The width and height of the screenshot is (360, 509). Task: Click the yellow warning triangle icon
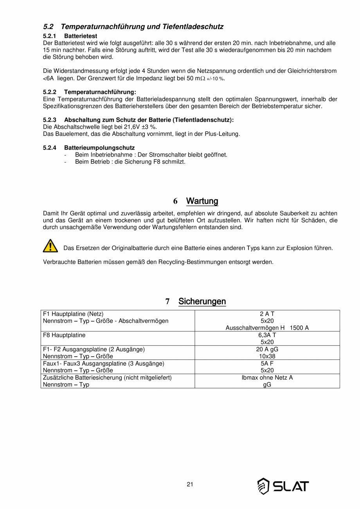(50, 245)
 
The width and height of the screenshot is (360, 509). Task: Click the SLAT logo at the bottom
(283, 486)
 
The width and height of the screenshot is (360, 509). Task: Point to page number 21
(190, 484)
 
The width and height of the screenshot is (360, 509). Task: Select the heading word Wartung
(202, 201)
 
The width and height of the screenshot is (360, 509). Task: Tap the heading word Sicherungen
(202, 301)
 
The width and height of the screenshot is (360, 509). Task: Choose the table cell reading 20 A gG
(267, 349)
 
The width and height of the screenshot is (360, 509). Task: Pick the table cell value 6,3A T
(267, 335)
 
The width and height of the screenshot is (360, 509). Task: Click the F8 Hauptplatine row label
(64, 335)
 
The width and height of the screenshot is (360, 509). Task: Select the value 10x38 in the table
(267, 356)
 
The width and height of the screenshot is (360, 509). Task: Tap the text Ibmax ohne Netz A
(267, 377)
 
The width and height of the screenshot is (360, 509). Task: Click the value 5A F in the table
(267, 363)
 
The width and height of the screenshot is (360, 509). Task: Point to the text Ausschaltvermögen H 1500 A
(267, 328)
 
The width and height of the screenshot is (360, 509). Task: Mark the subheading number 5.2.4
(49, 148)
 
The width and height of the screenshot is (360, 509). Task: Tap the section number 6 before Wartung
(175, 201)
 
